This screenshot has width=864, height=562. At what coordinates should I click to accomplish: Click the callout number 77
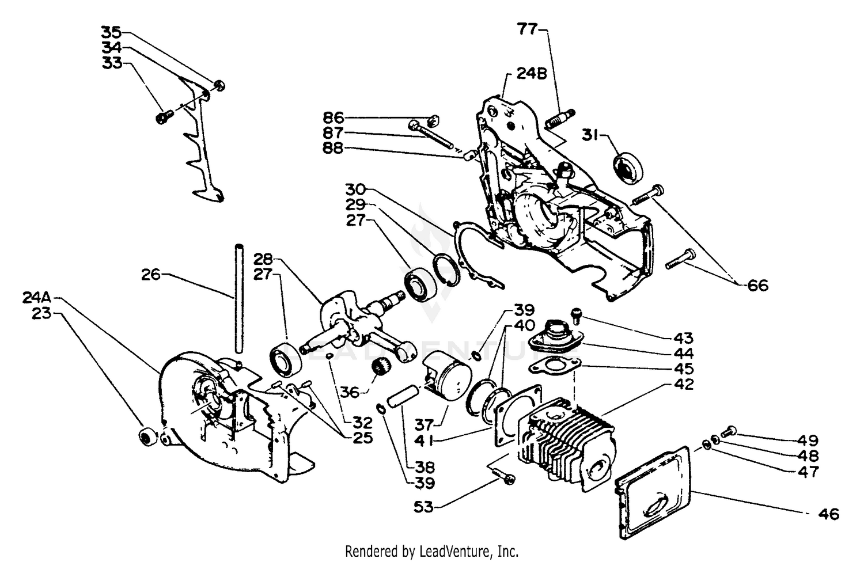click(x=527, y=29)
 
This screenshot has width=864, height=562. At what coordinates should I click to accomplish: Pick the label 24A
click(x=37, y=298)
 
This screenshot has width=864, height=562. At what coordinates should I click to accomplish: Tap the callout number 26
click(x=151, y=275)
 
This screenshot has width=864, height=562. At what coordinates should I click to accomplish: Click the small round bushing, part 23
click(x=148, y=436)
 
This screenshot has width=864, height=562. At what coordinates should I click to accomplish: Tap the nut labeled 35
click(x=219, y=86)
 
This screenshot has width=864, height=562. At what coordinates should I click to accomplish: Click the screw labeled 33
click(x=161, y=117)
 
